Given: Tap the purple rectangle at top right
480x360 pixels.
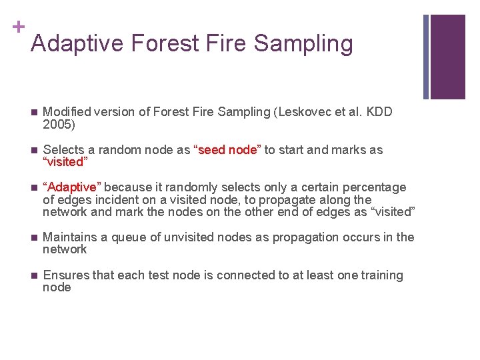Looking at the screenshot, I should click(x=447, y=57).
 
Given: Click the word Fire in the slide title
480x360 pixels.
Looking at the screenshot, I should click(x=223, y=43).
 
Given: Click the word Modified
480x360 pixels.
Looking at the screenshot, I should click(x=65, y=112).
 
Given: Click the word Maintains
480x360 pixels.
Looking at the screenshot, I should click(x=70, y=237).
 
